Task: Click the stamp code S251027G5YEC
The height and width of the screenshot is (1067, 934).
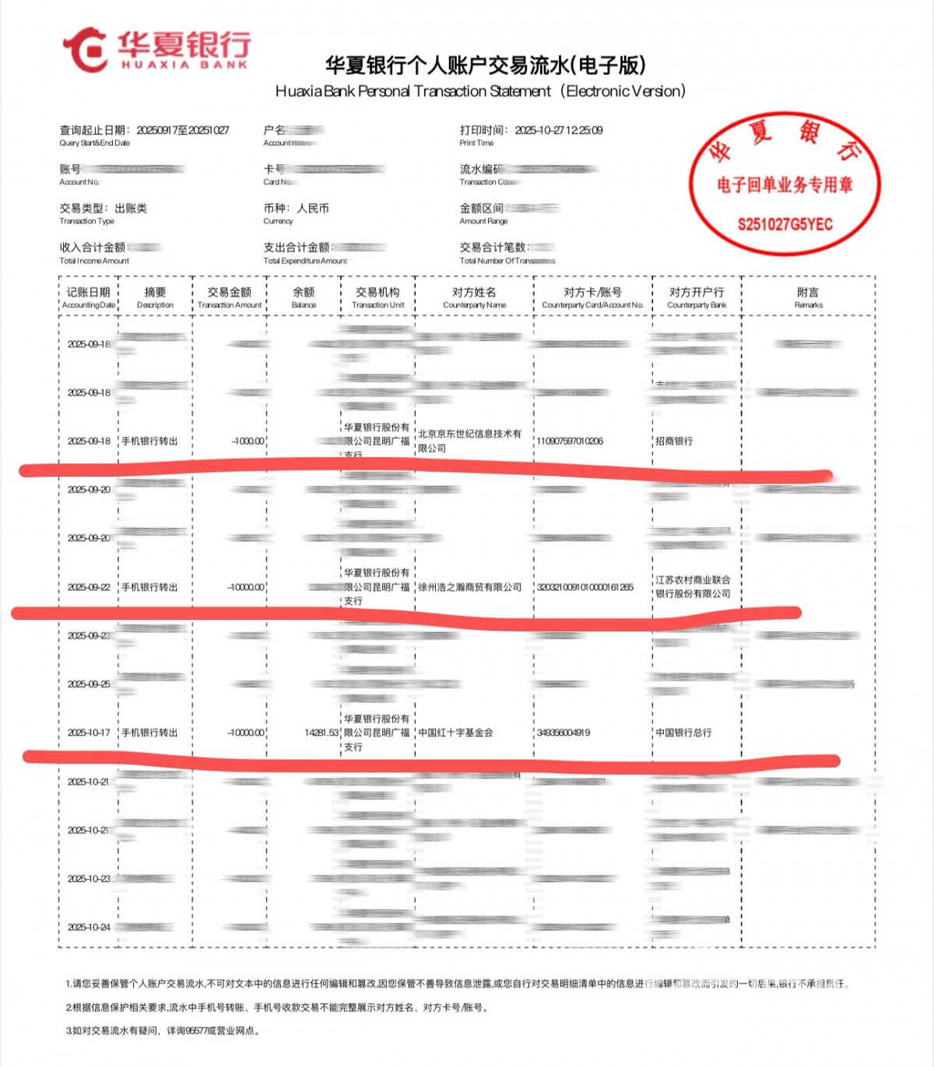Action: [x=785, y=225]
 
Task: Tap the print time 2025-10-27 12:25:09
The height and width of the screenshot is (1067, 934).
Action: [x=558, y=131]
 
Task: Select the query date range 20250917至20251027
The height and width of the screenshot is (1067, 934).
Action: [x=183, y=131]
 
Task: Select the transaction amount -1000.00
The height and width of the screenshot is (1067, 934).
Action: [x=248, y=441]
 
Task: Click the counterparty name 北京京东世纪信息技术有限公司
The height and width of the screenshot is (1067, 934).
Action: [x=469, y=441]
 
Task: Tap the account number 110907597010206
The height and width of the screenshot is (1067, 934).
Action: [x=570, y=441]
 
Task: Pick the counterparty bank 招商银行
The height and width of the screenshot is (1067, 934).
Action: [x=674, y=441]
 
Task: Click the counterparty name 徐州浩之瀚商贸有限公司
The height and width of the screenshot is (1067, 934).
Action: [x=470, y=587]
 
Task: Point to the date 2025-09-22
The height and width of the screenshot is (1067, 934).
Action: [x=89, y=587]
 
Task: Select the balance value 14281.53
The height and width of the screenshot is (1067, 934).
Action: [x=321, y=733]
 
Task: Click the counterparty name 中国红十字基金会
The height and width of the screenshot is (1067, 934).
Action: [x=455, y=733]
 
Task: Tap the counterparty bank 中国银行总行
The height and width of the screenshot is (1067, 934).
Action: [x=683, y=733]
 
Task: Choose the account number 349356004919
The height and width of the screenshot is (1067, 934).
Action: [x=564, y=733]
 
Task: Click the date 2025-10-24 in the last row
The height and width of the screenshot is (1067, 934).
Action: [x=89, y=927]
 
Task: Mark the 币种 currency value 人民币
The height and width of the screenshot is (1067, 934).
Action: [x=313, y=208]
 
